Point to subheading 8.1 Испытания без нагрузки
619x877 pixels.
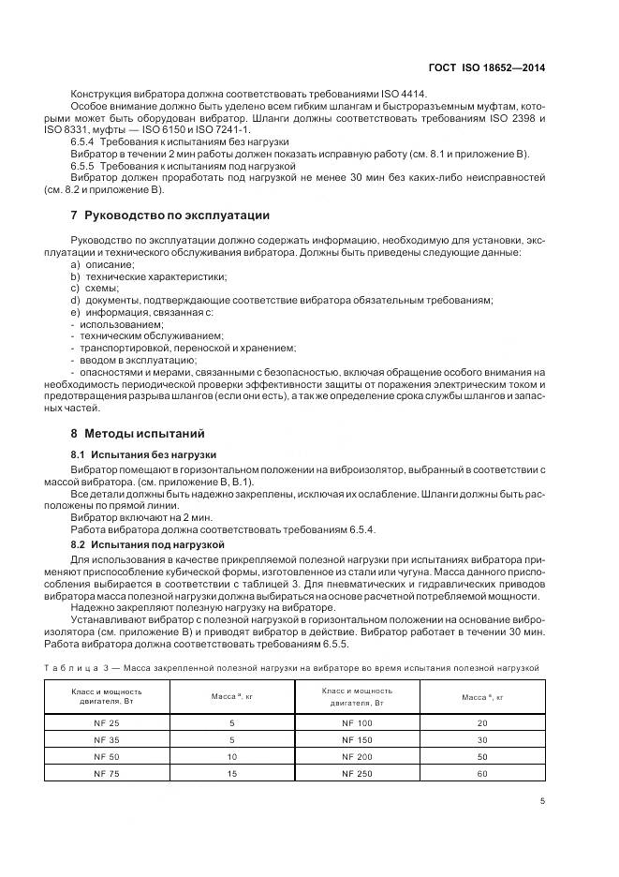coord(138,453)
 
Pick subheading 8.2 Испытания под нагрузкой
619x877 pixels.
coord(143,543)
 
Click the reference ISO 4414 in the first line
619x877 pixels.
coord(405,94)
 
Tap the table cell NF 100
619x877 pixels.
coord(357,723)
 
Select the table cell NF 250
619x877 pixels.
coord(357,773)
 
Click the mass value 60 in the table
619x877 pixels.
coord(482,773)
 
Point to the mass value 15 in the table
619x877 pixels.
coord(231,773)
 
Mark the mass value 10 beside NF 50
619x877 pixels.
coord(231,756)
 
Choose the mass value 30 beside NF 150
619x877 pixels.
coord(482,739)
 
